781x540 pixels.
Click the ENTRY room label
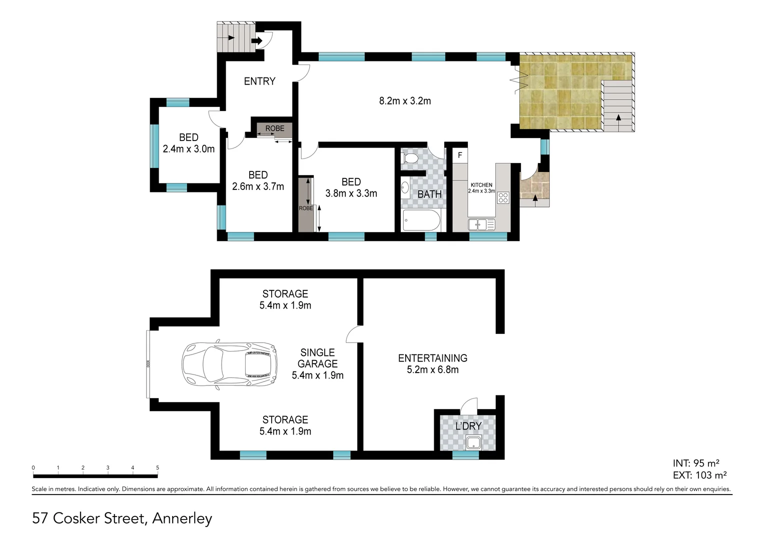click(x=259, y=81)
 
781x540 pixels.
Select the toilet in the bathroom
click(x=410, y=158)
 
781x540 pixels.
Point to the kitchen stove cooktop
click(x=503, y=197)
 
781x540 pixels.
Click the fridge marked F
click(x=460, y=155)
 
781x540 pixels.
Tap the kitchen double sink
click(x=481, y=225)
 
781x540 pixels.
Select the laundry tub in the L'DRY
click(x=473, y=442)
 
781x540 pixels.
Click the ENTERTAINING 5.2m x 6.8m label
click(x=433, y=364)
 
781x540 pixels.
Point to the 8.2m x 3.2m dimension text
click(x=405, y=101)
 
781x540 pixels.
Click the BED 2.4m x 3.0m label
click(x=189, y=143)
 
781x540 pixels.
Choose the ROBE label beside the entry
click(x=275, y=128)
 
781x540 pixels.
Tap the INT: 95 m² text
click(x=696, y=463)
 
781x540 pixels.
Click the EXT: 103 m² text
click(x=699, y=475)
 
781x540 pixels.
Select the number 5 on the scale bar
click(x=158, y=468)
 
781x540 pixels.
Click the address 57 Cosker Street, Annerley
click(x=122, y=518)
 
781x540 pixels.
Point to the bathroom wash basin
click(x=405, y=187)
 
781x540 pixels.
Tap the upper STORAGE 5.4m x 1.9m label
click(x=285, y=299)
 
